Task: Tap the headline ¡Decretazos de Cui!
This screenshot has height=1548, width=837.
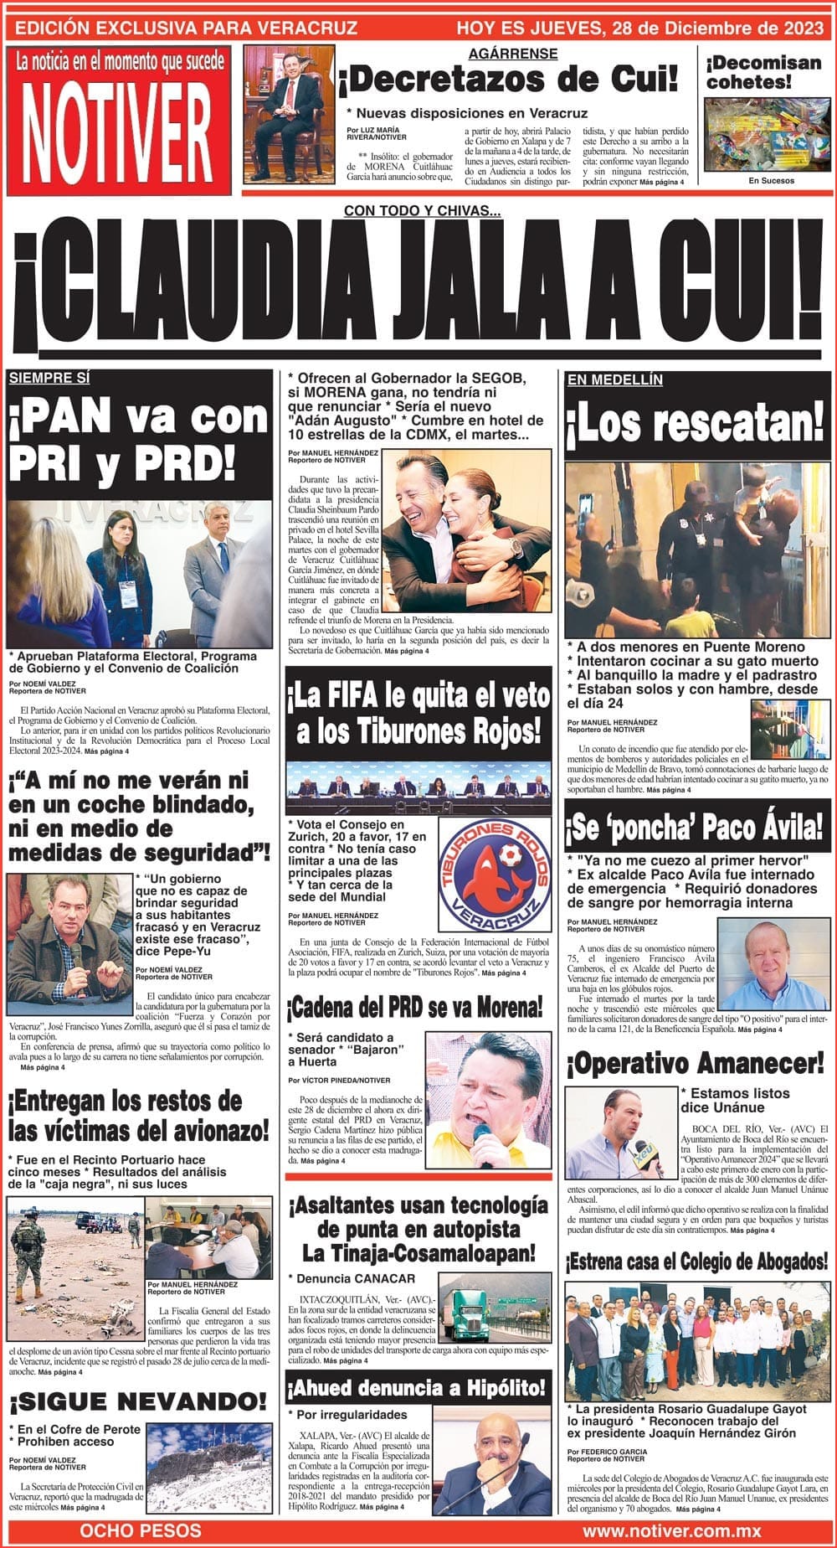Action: [x=507, y=80]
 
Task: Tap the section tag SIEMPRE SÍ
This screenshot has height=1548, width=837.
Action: [x=49, y=378]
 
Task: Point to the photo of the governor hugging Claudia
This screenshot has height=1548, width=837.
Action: [x=467, y=534]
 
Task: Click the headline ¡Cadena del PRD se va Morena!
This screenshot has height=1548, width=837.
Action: [x=417, y=1006]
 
